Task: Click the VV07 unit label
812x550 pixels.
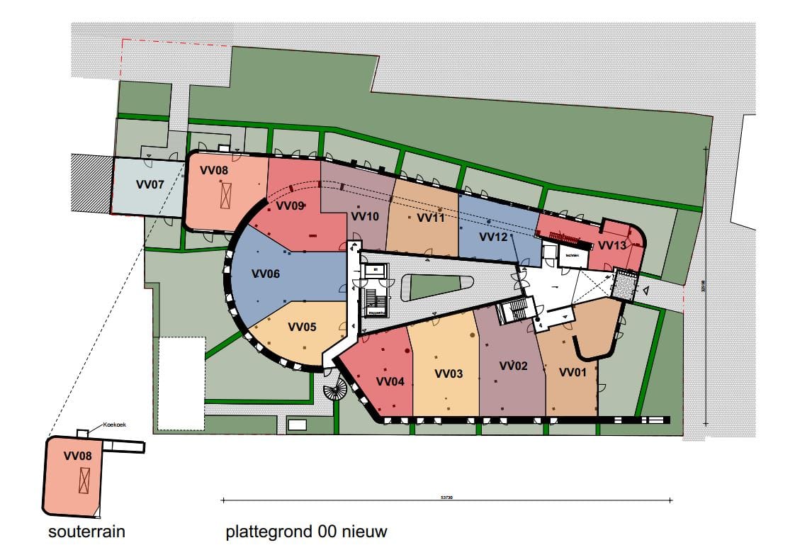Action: tap(150, 184)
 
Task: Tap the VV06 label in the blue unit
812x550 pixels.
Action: tap(266, 274)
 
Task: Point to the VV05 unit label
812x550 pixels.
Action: tap(302, 327)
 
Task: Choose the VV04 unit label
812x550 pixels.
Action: tap(390, 381)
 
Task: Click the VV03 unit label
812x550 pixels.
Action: tap(449, 374)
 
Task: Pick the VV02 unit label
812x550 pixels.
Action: tap(514, 366)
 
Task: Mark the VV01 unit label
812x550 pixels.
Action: tap(573, 372)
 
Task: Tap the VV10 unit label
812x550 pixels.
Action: tap(365, 217)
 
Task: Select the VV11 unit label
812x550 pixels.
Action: tap(431, 218)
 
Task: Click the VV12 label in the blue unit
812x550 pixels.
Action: tap(493, 236)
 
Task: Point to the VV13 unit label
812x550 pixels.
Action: tap(612, 245)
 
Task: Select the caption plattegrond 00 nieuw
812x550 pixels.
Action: tap(306, 531)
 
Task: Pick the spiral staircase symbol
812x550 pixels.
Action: tap(335, 389)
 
